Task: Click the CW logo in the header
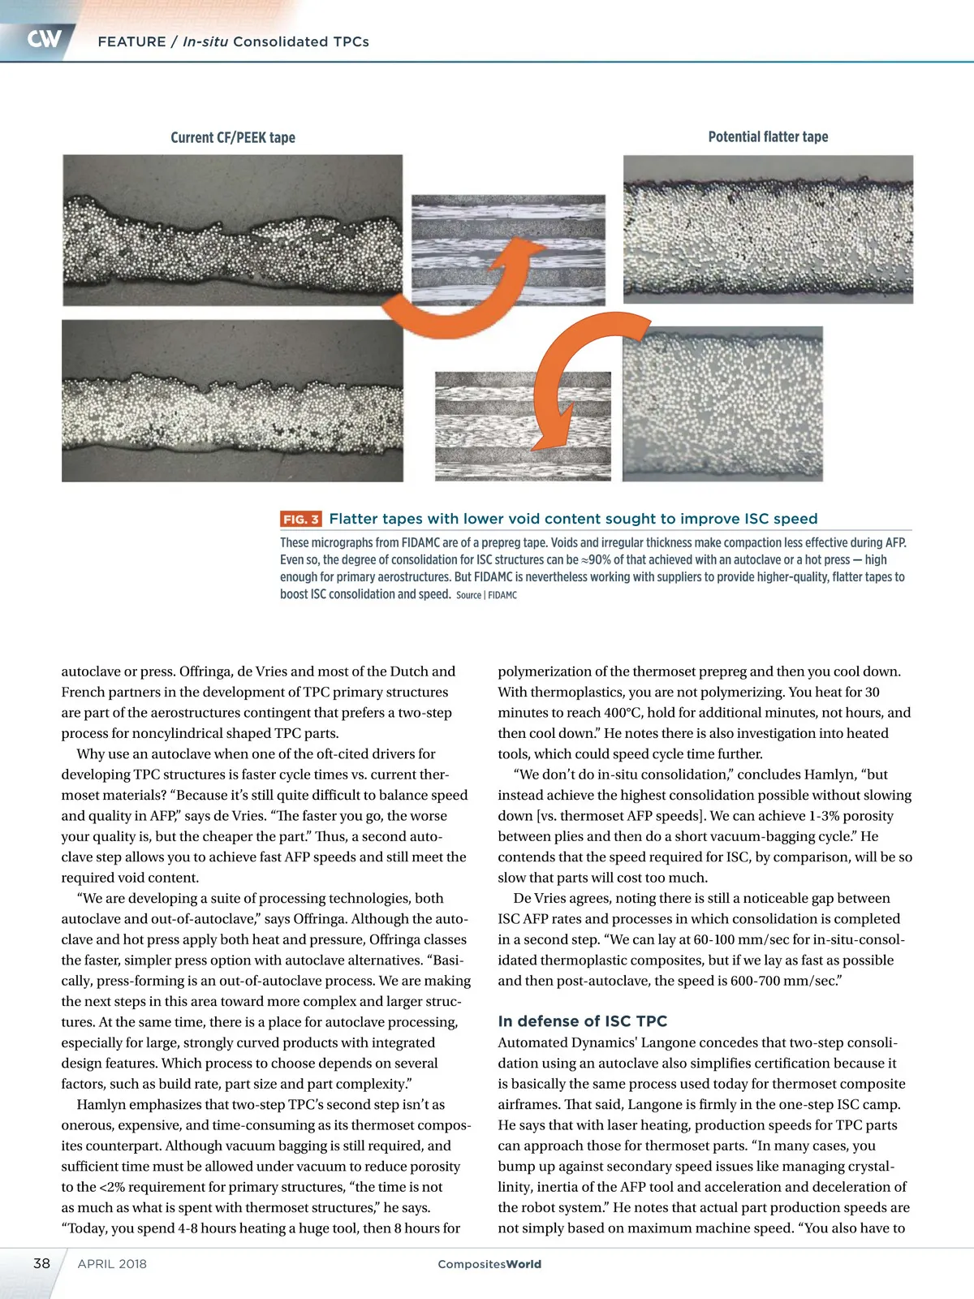pyautogui.click(x=44, y=39)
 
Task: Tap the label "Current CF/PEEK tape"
pyautogui.click(x=233, y=137)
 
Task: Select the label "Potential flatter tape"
pyautogui.click(x=768, y=136)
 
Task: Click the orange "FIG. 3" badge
pyautogui.click(x=300, y=519)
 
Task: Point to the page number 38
pyautogui.click(x=41, y=1263)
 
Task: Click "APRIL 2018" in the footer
pyautogui.click(x=112, y=1264)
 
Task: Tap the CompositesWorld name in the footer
pyautogui.click(x=489, y=1264)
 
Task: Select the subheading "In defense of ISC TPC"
pyautogui.click(x=582, y=1021)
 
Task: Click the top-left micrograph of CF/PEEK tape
pyautogui.click(x=232, y=231)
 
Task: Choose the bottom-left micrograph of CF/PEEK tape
pyautogui.click(x=232, y=401)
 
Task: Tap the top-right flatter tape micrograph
pyautogui.click(x=768, y=230)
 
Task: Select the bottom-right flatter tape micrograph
pyautogui.click(x=722, y=404)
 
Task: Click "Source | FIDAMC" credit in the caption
pyautogui.click(x=486, y=595)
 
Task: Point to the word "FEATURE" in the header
pyautogui.click(x=131, y=41)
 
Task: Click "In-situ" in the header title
pyautogui.click(x=205, y=41)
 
